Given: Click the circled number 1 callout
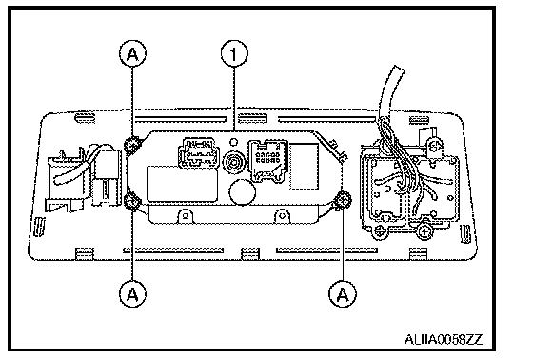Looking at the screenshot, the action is coord(234,53).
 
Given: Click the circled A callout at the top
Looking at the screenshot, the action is coord(132,53).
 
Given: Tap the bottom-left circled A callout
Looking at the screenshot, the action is coord(132,293).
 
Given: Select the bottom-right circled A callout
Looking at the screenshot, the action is coord(343,293).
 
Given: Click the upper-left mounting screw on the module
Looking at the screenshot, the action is coord(132,146).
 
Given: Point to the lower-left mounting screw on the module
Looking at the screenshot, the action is coord(132,201).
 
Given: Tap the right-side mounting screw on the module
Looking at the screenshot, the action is coord(344,200).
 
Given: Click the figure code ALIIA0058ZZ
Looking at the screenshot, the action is coord(444,339).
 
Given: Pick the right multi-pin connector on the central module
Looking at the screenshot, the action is coord(267,161).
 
